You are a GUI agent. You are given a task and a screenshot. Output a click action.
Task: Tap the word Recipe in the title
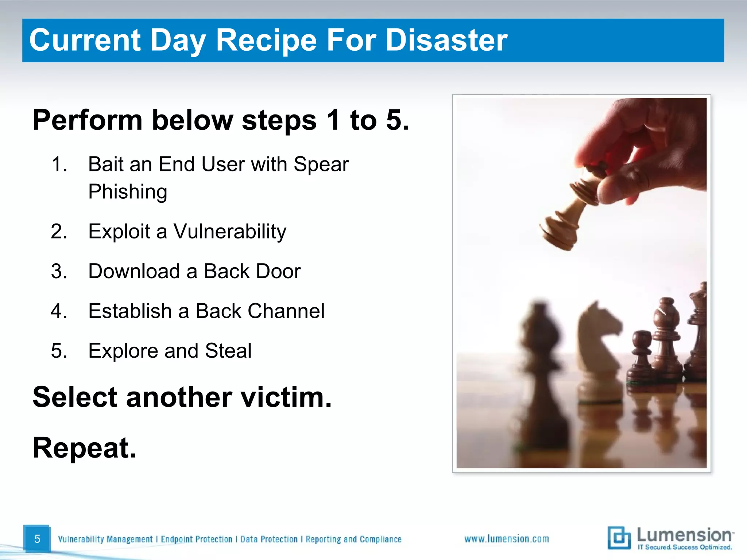pyautogui.click(x=266, y=40)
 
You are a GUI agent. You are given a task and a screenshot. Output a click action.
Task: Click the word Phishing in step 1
pyautogui.click(x=128, y=192)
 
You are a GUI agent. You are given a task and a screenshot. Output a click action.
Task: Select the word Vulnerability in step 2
pyautogui.click(x=230, y=232)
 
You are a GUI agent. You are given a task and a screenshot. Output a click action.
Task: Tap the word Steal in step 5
pyautogui.click(x=228, y=351)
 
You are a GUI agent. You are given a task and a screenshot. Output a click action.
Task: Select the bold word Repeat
pyautogui.click(x=84, y=448)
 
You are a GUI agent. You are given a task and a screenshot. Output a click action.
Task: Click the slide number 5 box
pyautogui.click(x=37, y=538)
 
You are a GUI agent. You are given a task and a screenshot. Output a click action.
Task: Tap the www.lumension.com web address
pyautogui.click(x=506, y=538)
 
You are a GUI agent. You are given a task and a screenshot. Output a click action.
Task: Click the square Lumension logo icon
pyautogui.click(x=619, y=537)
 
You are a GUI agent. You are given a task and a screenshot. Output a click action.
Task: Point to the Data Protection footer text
pyautogui.click(x=269, y=539)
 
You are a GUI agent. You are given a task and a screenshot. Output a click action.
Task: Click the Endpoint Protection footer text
pyautogui.click(x=196, y=539)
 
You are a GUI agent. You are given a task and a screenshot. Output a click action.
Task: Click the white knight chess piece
pyautogui.click(x=598, y=350)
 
